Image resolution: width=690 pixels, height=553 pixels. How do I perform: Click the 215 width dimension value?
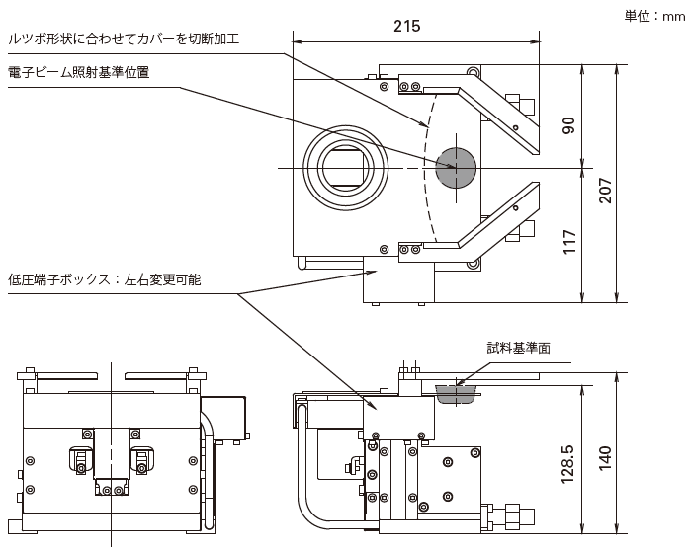point(406,27)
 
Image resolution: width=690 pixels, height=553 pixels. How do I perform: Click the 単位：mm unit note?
point(651,15)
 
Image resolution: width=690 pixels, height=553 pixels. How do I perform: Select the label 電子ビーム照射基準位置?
point(78,71)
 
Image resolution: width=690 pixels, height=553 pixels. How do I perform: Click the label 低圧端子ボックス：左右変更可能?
point(104,279)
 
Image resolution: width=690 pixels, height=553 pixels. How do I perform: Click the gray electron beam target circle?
point(456,167)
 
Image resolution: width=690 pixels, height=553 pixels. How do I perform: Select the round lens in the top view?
point(341,167)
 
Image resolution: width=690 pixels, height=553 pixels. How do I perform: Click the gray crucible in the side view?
point(456,394)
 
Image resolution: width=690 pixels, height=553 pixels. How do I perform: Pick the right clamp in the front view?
point(142,459)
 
